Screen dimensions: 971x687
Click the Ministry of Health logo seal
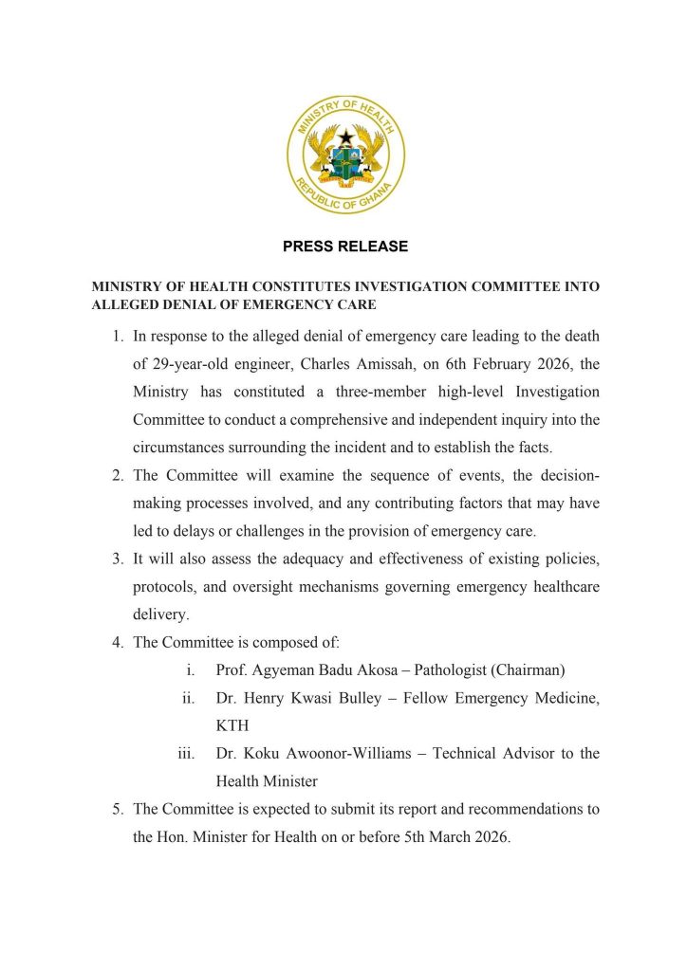[345, 155]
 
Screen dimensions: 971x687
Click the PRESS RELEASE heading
[345, 247]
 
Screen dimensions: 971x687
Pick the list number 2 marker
[117, 475]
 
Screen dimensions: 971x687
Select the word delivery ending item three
[161, 614]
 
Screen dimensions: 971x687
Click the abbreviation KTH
[232, 725]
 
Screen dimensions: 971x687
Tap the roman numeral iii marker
[186, 754]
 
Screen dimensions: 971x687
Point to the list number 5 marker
[117, 809]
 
